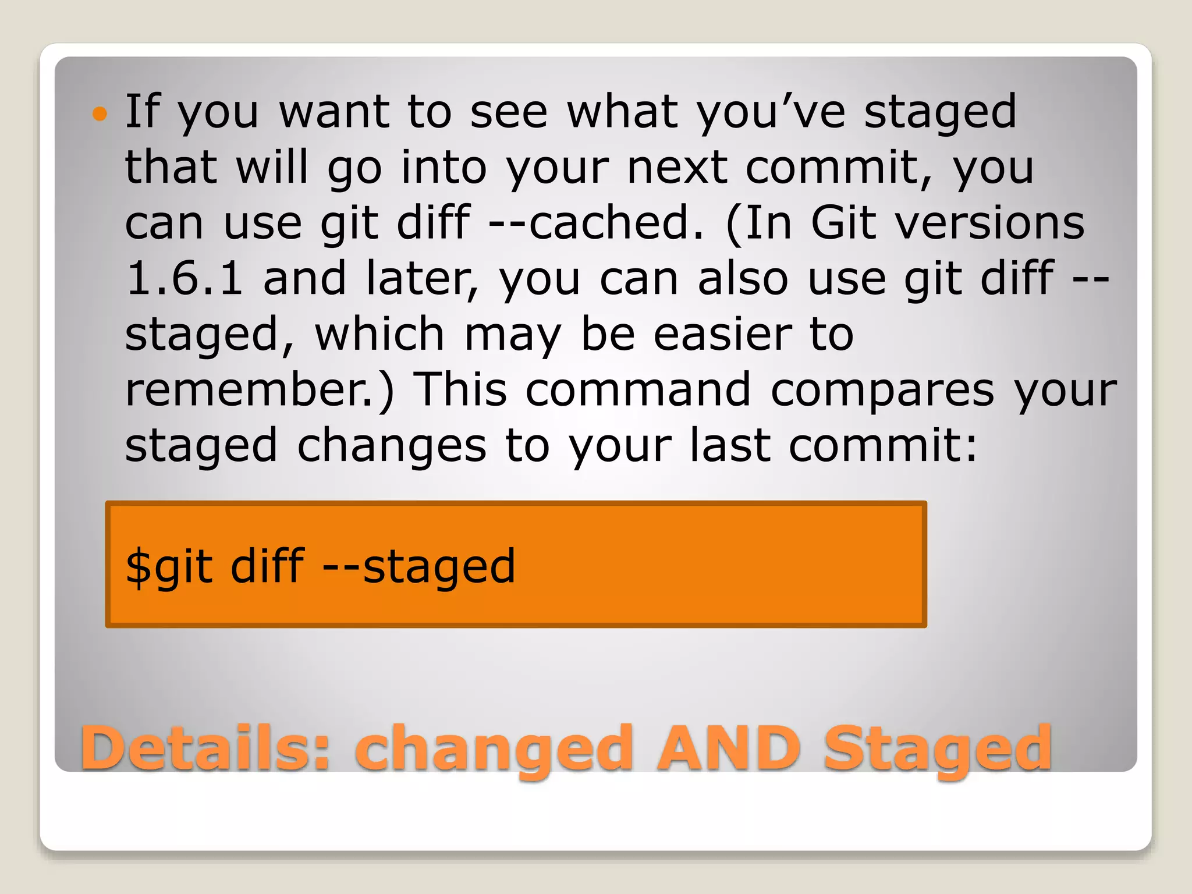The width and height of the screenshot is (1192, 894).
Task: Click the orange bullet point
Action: (x=100, y=113)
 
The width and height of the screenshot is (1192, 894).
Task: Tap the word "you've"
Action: (x=771, y=112)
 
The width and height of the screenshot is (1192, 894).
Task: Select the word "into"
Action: (x=444, y=168)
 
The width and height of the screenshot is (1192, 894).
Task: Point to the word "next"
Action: (x=677, y=168)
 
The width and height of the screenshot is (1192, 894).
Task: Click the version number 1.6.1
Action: (x=184, y=278)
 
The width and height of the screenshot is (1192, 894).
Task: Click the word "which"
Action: (x=379, y=334)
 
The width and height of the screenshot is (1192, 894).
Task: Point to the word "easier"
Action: (x=722, y=334)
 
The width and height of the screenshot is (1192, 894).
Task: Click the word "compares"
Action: (x=882, y=389)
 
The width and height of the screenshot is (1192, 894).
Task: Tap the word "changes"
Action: (x=391, y=445)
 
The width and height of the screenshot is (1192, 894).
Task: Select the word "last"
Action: (x=730, y=445)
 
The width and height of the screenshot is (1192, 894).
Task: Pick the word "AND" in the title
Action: (x=729, y=748)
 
